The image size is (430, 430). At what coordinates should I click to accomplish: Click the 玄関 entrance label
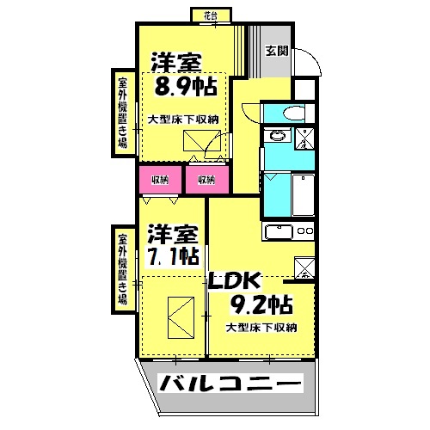276,51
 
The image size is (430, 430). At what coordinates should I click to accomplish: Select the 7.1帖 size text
172,256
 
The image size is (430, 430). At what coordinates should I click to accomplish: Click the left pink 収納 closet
160,180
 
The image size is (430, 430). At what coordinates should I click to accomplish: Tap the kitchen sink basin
279,232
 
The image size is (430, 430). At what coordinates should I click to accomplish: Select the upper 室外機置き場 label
123,113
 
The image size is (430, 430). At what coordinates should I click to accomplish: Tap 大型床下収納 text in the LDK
261,327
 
